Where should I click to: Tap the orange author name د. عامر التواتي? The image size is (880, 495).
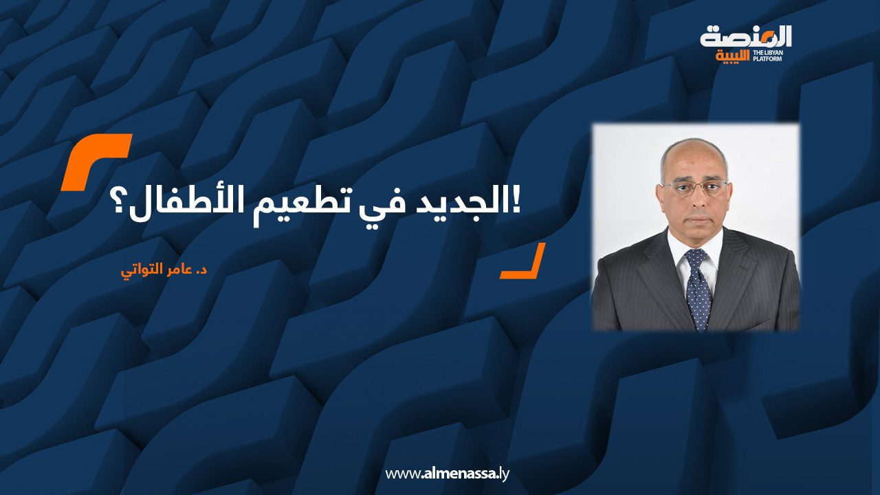[164, 271]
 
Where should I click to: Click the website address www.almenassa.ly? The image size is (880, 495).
[447, 474]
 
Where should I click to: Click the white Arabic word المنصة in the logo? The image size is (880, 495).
[746, 37]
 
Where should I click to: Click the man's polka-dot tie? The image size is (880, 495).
[698, 289]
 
